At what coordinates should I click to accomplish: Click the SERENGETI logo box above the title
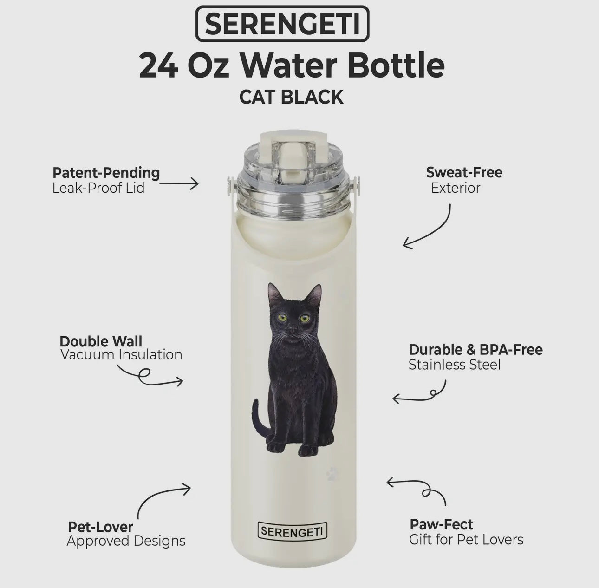[282, 24]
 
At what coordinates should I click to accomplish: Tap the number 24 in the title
[158, 65]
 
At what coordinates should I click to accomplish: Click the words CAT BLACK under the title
[291, 97]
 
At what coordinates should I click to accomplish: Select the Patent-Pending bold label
[106, 173]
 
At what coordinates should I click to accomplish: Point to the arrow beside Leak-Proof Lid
[179, 184]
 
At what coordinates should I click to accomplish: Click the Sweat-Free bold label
[464, 173]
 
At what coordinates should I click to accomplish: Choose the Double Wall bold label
[101, 341]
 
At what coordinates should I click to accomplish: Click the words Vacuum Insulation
[121, 355]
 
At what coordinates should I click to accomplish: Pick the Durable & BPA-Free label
[475, 350]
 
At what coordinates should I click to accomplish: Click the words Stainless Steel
[455, 365]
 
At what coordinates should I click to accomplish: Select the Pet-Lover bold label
[100, 527]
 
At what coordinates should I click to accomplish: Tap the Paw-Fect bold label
[441, 524]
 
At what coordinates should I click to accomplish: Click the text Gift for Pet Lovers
[466, 540]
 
